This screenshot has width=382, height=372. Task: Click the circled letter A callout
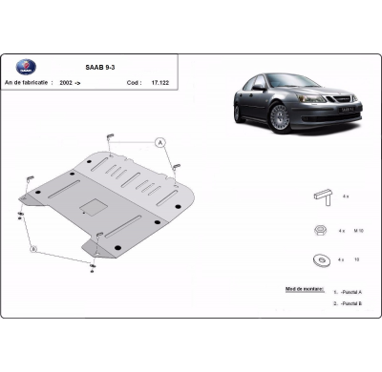click(160, 143)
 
